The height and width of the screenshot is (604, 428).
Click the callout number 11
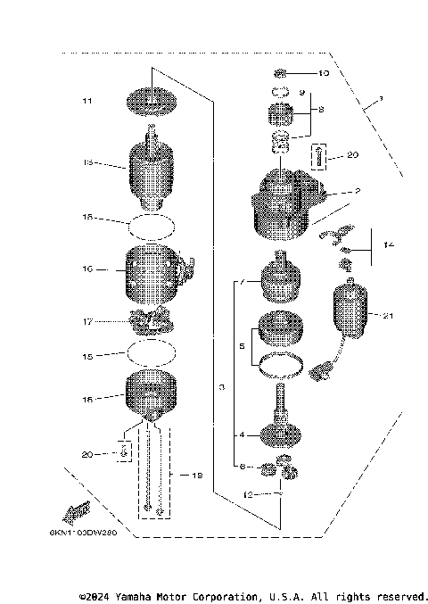click(86, 102)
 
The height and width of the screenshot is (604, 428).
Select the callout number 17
click(86, 322)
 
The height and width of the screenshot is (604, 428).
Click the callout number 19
click(197, 476)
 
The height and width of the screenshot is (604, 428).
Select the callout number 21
click(387, 316)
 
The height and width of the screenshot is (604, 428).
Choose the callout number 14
click(387, 243)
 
